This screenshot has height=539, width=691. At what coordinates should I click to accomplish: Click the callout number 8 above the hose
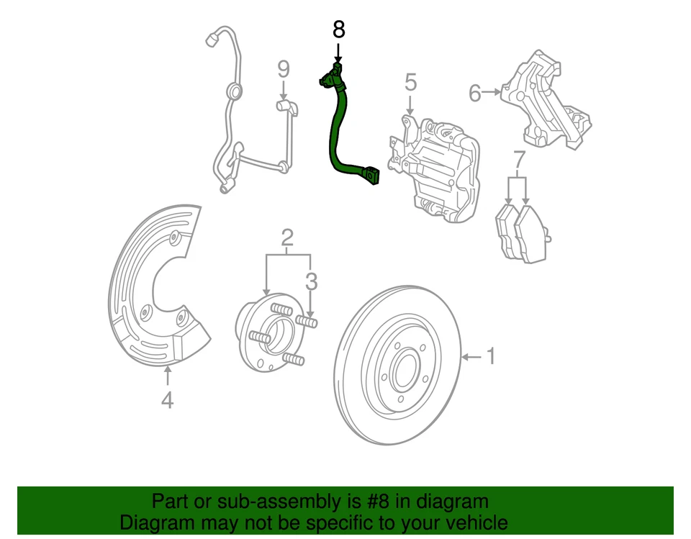click(x=338, y=30)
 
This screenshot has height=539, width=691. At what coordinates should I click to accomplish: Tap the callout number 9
click(x=284, y=70)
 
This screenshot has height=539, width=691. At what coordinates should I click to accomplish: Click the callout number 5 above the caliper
click(x=410, y=82)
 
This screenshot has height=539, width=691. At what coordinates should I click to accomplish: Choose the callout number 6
click(x=475, y=93)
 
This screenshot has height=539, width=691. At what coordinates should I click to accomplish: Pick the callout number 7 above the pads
click(x=519, y=160)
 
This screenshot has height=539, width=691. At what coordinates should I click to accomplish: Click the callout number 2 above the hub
click(x=287, y=236)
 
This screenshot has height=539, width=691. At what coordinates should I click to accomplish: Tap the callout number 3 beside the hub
click(x=311, y=281)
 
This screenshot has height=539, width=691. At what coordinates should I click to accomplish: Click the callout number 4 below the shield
click(x=167, y=399)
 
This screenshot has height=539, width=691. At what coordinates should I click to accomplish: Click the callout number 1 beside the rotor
click(x=491, y=355)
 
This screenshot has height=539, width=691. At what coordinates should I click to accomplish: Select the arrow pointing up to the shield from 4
click(x=167, y=376)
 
